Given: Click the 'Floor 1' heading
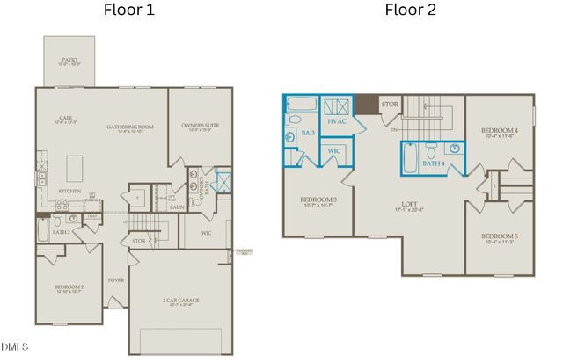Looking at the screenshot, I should (x=131, y=11).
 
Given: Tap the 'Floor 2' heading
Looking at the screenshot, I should (x=409, y=11).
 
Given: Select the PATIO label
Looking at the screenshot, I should (x=69, y=60).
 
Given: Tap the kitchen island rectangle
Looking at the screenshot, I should (x=75, y=164).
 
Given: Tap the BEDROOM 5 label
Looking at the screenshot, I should (x=499, y=236).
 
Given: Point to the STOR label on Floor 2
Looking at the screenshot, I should (x=391, y=105).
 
